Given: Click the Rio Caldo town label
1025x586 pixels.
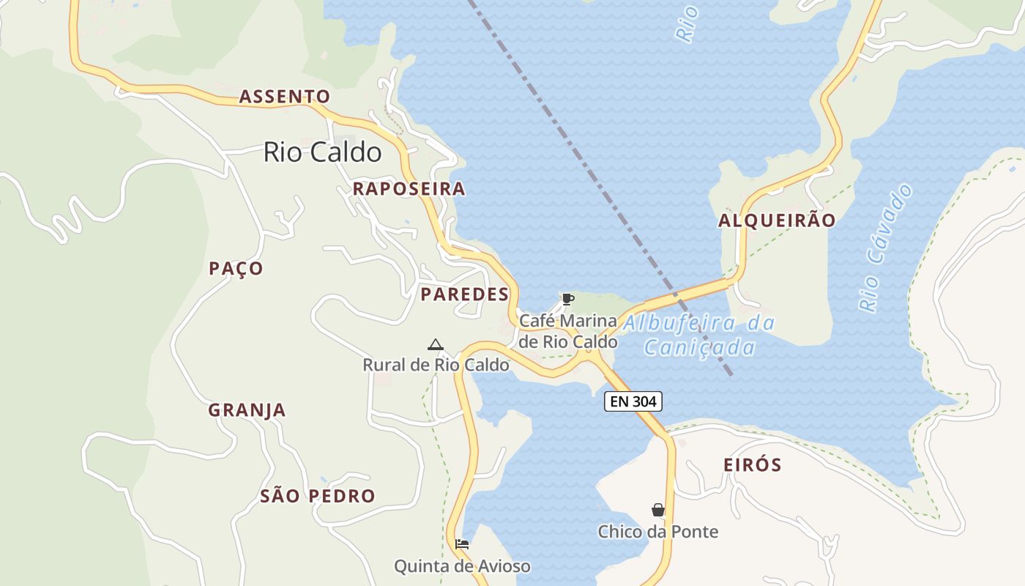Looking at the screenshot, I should pos(322,152).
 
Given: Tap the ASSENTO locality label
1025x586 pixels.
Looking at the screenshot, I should pos(285,97).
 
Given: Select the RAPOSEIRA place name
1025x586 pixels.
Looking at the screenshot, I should pos(409,189).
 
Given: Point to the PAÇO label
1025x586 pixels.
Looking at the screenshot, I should pos(236,269).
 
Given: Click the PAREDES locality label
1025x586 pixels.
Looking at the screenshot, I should pos(464,294).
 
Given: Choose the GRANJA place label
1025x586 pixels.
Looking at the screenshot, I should pos(247,410).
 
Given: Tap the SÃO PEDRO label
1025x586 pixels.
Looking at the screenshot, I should pos(318,496).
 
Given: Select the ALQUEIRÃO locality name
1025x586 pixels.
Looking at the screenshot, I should pos(777,220).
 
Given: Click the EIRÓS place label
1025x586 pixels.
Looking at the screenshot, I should pos(752,465).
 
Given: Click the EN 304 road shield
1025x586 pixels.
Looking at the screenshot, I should pos(633,401).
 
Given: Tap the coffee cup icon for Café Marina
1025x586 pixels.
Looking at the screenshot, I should pos(567,299).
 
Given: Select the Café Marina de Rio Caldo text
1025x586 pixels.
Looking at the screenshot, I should pos(568,331).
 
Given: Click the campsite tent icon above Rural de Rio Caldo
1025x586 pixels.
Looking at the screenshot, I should pos(436,344).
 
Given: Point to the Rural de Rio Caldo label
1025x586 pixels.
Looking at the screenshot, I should pos(436,365).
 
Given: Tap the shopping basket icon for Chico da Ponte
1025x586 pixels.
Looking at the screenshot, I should pos(658,510).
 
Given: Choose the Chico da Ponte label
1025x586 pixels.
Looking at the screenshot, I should pos(658,532).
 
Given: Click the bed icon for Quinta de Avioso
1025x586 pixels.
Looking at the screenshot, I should pos(462,544).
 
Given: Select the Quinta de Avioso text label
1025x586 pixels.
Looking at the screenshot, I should pos(462,566).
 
